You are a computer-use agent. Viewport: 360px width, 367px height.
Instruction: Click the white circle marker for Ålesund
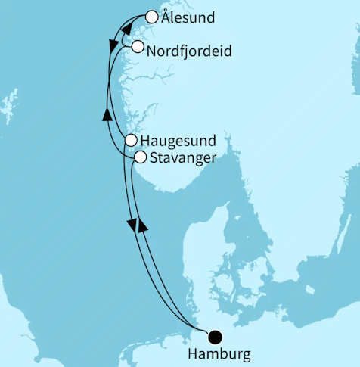[x=151, y=17]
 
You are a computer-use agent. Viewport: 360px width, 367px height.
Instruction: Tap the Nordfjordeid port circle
[x=137, y=46]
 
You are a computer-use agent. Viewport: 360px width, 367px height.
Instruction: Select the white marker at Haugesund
[x=131, y=141]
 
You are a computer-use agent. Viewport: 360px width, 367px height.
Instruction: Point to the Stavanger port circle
[x=140, y=157]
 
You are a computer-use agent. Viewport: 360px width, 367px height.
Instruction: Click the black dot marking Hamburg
[x=216, y=337]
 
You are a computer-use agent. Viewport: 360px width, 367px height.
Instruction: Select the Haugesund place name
[x=179, y=141]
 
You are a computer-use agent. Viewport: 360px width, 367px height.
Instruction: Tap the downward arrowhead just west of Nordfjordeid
[x=113, y=46]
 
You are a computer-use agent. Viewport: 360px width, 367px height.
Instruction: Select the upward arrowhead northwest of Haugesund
[x=107, y=114]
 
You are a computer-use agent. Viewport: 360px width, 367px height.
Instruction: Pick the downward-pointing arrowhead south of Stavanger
[x=132, y=225]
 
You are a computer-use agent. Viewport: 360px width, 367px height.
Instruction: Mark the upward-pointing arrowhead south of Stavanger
[x=142, y=225]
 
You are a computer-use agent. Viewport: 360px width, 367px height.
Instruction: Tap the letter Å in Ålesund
[x=168, y=17]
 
